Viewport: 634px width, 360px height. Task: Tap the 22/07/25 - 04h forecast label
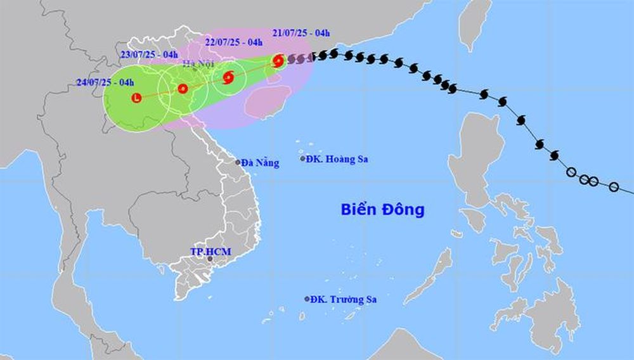click(234, 42)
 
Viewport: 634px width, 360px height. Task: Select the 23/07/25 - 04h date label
click(149, 54)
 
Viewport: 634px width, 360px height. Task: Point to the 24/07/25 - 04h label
click(105, 82)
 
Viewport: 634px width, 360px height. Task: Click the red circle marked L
click(136, 98)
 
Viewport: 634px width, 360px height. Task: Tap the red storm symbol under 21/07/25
click(278, 61)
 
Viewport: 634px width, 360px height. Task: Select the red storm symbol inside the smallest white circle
click(229, 78)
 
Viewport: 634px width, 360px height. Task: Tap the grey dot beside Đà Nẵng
click(238, 162)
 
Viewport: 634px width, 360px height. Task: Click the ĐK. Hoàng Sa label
click(337, 159)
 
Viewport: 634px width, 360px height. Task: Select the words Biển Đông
click(382, 210)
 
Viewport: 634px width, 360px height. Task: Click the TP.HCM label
click(211, 252)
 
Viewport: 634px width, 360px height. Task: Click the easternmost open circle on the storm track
click(614, 186)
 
